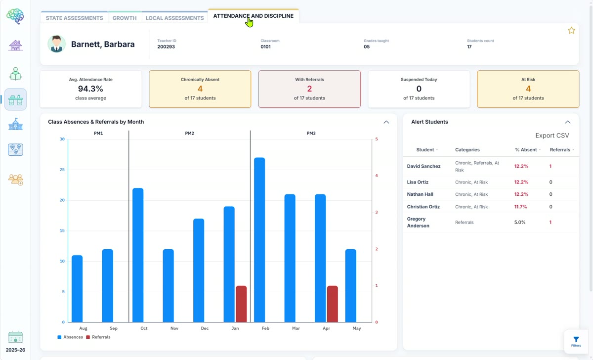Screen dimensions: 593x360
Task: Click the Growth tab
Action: [x=125, y=18]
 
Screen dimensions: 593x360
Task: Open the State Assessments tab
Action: [x=75, y=18]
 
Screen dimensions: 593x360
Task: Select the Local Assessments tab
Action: [x=175, y=18]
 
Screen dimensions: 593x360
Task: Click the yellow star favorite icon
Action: [x=571, y=31]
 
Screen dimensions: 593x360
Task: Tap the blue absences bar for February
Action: [x=259, y=240]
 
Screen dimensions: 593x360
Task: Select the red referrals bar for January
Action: [x=241, y=304]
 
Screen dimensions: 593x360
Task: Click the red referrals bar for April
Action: [x=333, y=304]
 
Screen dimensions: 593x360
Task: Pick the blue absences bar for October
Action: [x=138, y=255]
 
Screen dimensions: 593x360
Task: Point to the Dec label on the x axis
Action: [x=205, y=328]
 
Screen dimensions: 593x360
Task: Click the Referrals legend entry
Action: [x=98, y=337]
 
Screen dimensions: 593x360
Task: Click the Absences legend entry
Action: [x=70, y=337]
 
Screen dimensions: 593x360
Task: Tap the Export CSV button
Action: [x=552, y=135]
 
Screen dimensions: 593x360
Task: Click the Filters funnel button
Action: [x=576, y=342]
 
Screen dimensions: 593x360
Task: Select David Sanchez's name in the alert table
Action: [x=424, y=166]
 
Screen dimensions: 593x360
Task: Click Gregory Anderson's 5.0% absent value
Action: [x=520, y=222]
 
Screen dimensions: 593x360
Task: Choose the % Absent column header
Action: [x=526, y=150]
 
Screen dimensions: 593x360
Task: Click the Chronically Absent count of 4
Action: [x=200, y=89]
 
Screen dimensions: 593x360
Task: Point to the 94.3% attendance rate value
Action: [x=90, y=89]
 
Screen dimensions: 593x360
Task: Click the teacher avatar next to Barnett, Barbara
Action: [x=56, y=44]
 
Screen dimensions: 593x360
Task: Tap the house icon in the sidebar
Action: [x=15, y=45]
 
